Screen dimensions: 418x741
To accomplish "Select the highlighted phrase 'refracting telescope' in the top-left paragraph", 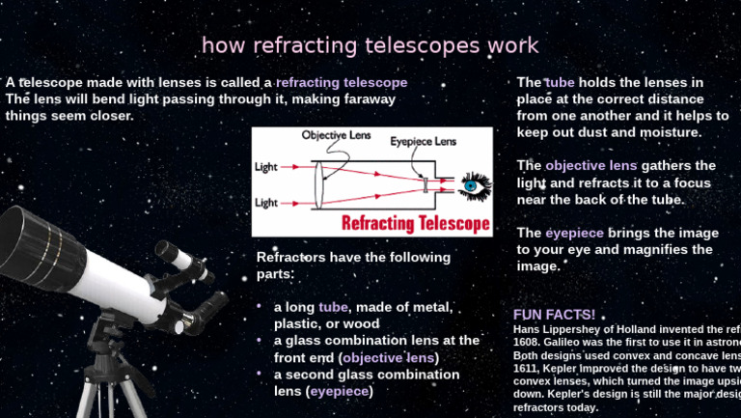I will (x=342, y=83).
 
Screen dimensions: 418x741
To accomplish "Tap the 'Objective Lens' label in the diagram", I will (x=337, y=135).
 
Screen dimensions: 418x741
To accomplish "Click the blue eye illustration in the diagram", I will (x=473, y=184).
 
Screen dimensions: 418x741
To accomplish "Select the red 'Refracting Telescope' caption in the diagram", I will (x=416, y=224).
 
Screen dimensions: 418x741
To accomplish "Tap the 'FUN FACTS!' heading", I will (x=554, y=315).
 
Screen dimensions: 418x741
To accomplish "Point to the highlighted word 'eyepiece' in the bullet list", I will (x=339, y=391).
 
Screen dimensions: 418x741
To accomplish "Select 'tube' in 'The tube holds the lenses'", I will (x=560, y=83).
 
